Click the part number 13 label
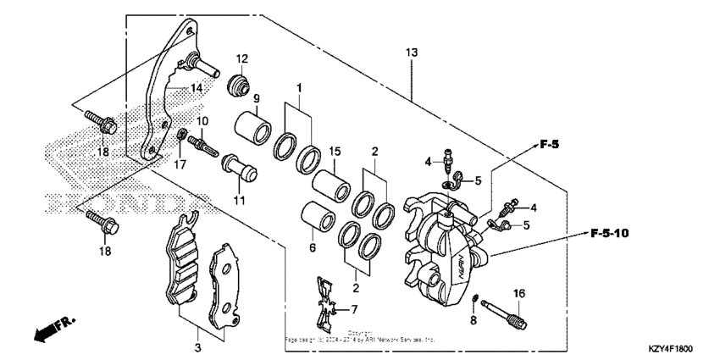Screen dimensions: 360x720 (x=412, y=53)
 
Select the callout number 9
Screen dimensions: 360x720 (x=232, y=98)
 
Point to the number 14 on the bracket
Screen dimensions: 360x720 (x=196, y=87)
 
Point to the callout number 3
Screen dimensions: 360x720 (x=198, y=348)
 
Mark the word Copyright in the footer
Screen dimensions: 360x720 (x=359, y=332)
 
